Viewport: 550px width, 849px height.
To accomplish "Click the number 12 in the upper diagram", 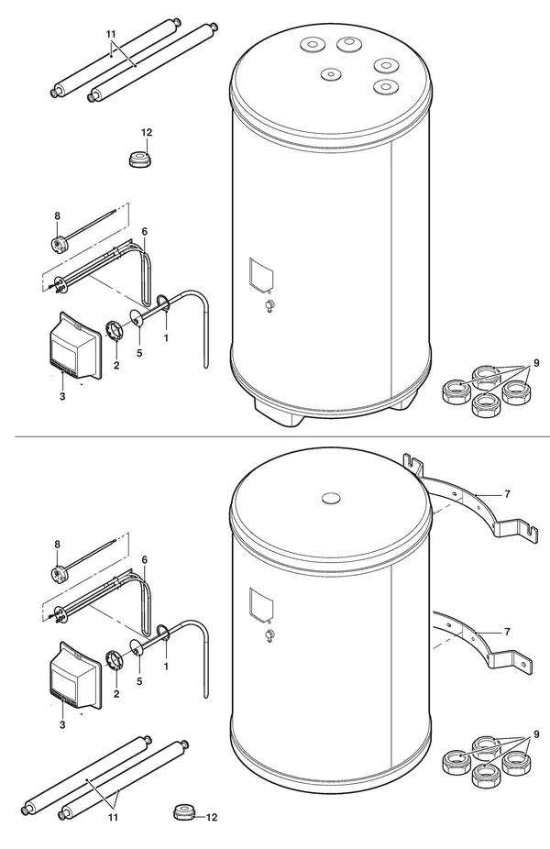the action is [x=146, y=133].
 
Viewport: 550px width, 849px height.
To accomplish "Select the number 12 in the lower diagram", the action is [x=211, y=818].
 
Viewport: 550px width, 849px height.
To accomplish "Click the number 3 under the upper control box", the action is [x=62, y=396].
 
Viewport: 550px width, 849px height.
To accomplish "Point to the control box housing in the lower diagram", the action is [x=75, y=677].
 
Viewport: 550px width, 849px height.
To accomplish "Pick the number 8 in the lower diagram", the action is [x=57, y=545].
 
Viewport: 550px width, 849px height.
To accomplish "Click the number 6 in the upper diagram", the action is [x=145, y=231].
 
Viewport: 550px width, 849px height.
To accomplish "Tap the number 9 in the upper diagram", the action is [x=536, y=363].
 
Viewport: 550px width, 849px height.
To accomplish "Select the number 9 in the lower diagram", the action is [x=536, y=734].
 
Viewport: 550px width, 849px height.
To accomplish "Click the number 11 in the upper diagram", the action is [x=111, y=34].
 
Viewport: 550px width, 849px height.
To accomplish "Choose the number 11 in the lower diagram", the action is [x=113, y=818].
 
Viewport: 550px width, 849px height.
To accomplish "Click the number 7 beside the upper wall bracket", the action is [x=507, y=494].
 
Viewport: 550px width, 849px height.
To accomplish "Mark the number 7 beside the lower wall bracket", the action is [x=507, y=632].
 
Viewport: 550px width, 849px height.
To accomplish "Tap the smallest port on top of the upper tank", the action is [x=331, y=74].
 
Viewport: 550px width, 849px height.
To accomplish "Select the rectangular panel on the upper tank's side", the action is [x=261, y=274].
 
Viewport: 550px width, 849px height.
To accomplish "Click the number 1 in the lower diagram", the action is [x=166, y=667].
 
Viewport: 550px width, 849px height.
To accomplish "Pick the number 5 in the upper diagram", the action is [x=139, y=353].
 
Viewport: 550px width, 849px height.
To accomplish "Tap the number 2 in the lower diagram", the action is [x=116, y=694].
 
